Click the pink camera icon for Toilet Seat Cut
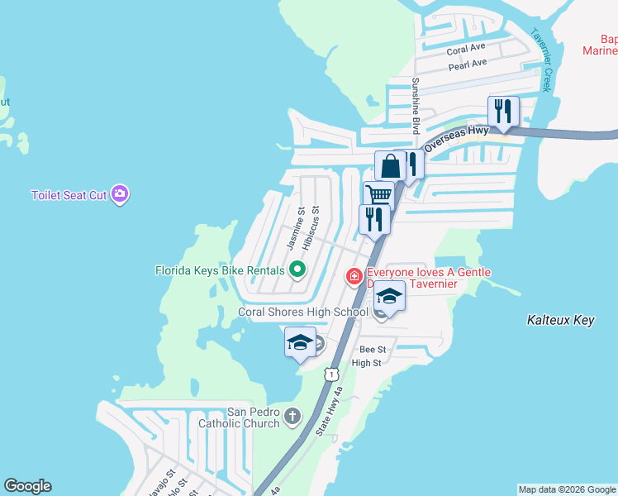pos(121,194)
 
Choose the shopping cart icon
pos(378,196)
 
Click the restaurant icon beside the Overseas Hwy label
pos(502,111)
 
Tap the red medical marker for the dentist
pos(354,275)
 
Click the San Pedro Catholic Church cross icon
pos(292,416)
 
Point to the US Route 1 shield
pos(331,374)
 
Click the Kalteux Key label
pos(560,320)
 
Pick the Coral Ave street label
pos(466,50)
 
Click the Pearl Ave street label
pos(468,64)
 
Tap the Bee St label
pos(373,351)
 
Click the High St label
pos(367,363)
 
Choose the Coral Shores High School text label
pos(302,312)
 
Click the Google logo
pos(27,486)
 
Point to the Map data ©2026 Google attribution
pos(567,489)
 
